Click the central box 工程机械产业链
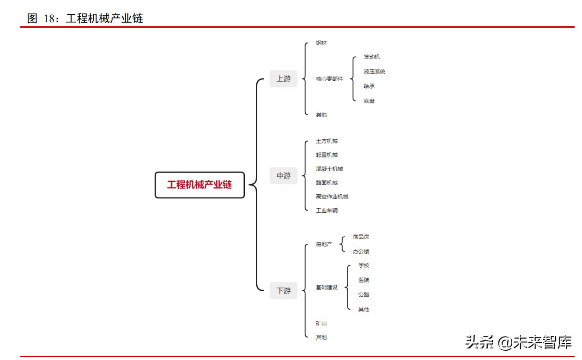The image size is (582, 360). click(x=200, y=185)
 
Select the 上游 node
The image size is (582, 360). click(x=284, y=79)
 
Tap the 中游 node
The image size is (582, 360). click(x=284, y=176)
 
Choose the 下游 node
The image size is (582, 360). click(x=284, y=291)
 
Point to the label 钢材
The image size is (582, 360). click(x=321, y=43)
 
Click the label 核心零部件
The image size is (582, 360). click(x=329, y=79)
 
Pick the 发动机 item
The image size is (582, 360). click(x=372, y=57)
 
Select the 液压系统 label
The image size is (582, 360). click(x=375, y=72)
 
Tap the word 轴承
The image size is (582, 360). click(x=369, y=86)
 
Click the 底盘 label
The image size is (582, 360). click(x=369, y=101)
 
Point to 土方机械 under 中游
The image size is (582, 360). click(x=327, y=141)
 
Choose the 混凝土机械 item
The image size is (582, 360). click(x=329, y=169)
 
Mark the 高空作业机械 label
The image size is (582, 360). click(x=332, y=197)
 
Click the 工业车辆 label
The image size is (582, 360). click(x=327, y=210)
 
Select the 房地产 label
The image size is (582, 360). click(x=324, y=244)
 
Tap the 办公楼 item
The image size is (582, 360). click(x=361, y=252)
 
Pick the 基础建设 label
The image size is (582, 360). click(x=327, y=288)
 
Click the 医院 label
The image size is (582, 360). click(x=364, y=280)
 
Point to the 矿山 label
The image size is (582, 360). click(x=321, y=324)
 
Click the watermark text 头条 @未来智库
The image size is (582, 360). click(x=518, y=342)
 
